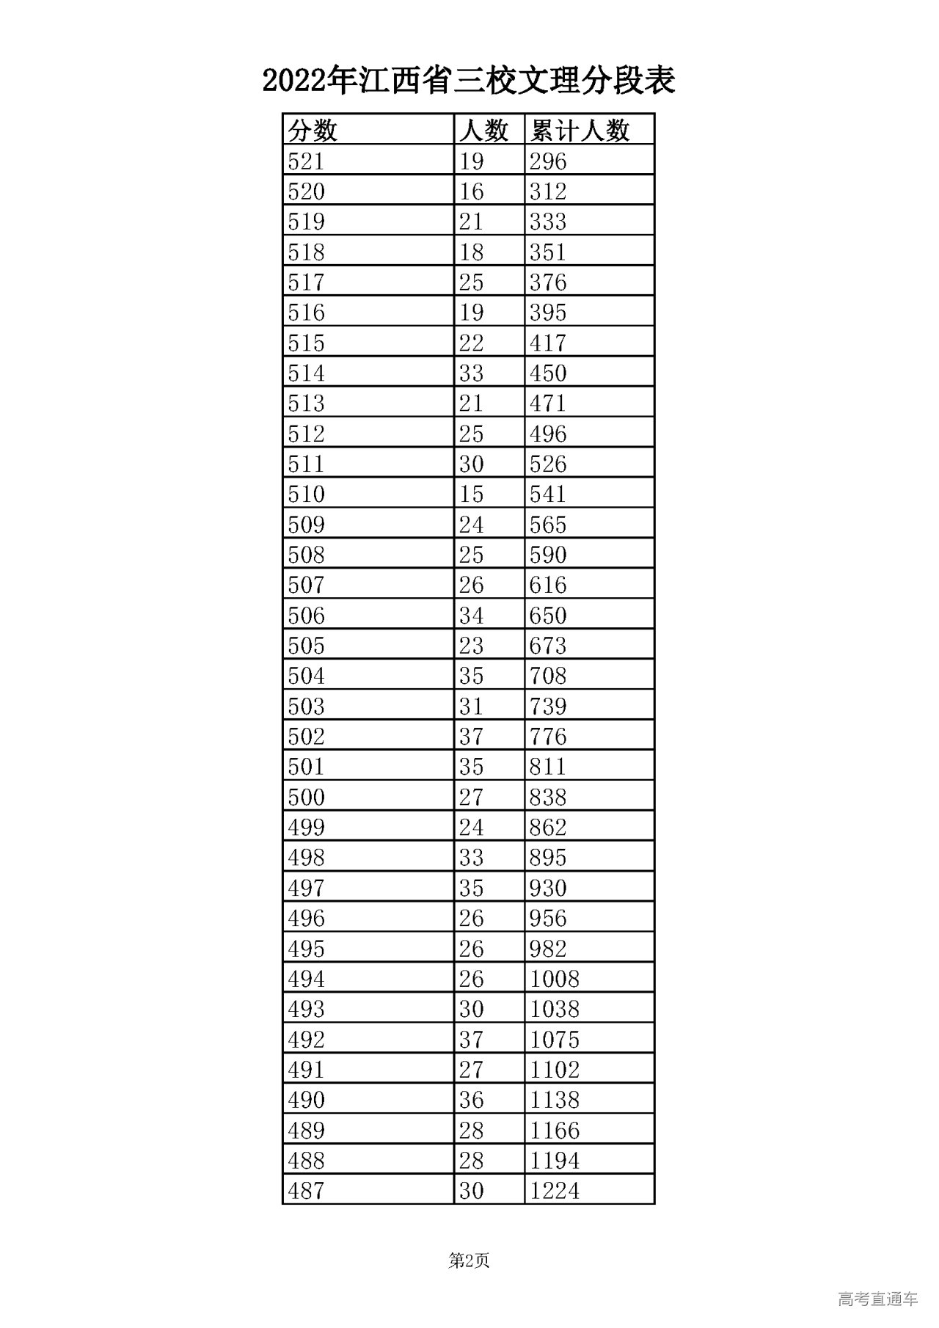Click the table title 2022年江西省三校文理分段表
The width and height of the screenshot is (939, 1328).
click(469, 81)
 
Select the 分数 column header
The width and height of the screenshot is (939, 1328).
click(313, 131)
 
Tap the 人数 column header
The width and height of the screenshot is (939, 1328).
click(483, 131)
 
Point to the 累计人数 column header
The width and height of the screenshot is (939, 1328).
click(580, 131)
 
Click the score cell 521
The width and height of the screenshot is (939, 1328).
click(307, 161)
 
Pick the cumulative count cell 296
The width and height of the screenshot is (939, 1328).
click(548, 161)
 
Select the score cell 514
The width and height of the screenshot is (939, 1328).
click(307, 373)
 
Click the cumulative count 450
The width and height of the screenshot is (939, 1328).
click(548, 373)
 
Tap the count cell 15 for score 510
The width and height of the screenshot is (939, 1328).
click(472, 495)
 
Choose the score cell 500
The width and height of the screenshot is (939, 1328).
click(307, 798)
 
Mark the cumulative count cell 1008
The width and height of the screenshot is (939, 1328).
click(555, 979)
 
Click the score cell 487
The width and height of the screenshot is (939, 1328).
click(307, 1191)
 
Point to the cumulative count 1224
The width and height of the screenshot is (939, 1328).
click(555, 1191)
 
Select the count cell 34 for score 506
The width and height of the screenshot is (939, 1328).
click(472, 616)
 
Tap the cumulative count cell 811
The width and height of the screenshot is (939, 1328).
click(548, 767)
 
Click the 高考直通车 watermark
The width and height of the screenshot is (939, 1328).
click(877, 1299)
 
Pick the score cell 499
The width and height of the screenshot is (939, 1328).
click(307, 828)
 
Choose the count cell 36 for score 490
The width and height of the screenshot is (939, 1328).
click(472, 1100)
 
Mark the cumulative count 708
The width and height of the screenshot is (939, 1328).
click(548, 676)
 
